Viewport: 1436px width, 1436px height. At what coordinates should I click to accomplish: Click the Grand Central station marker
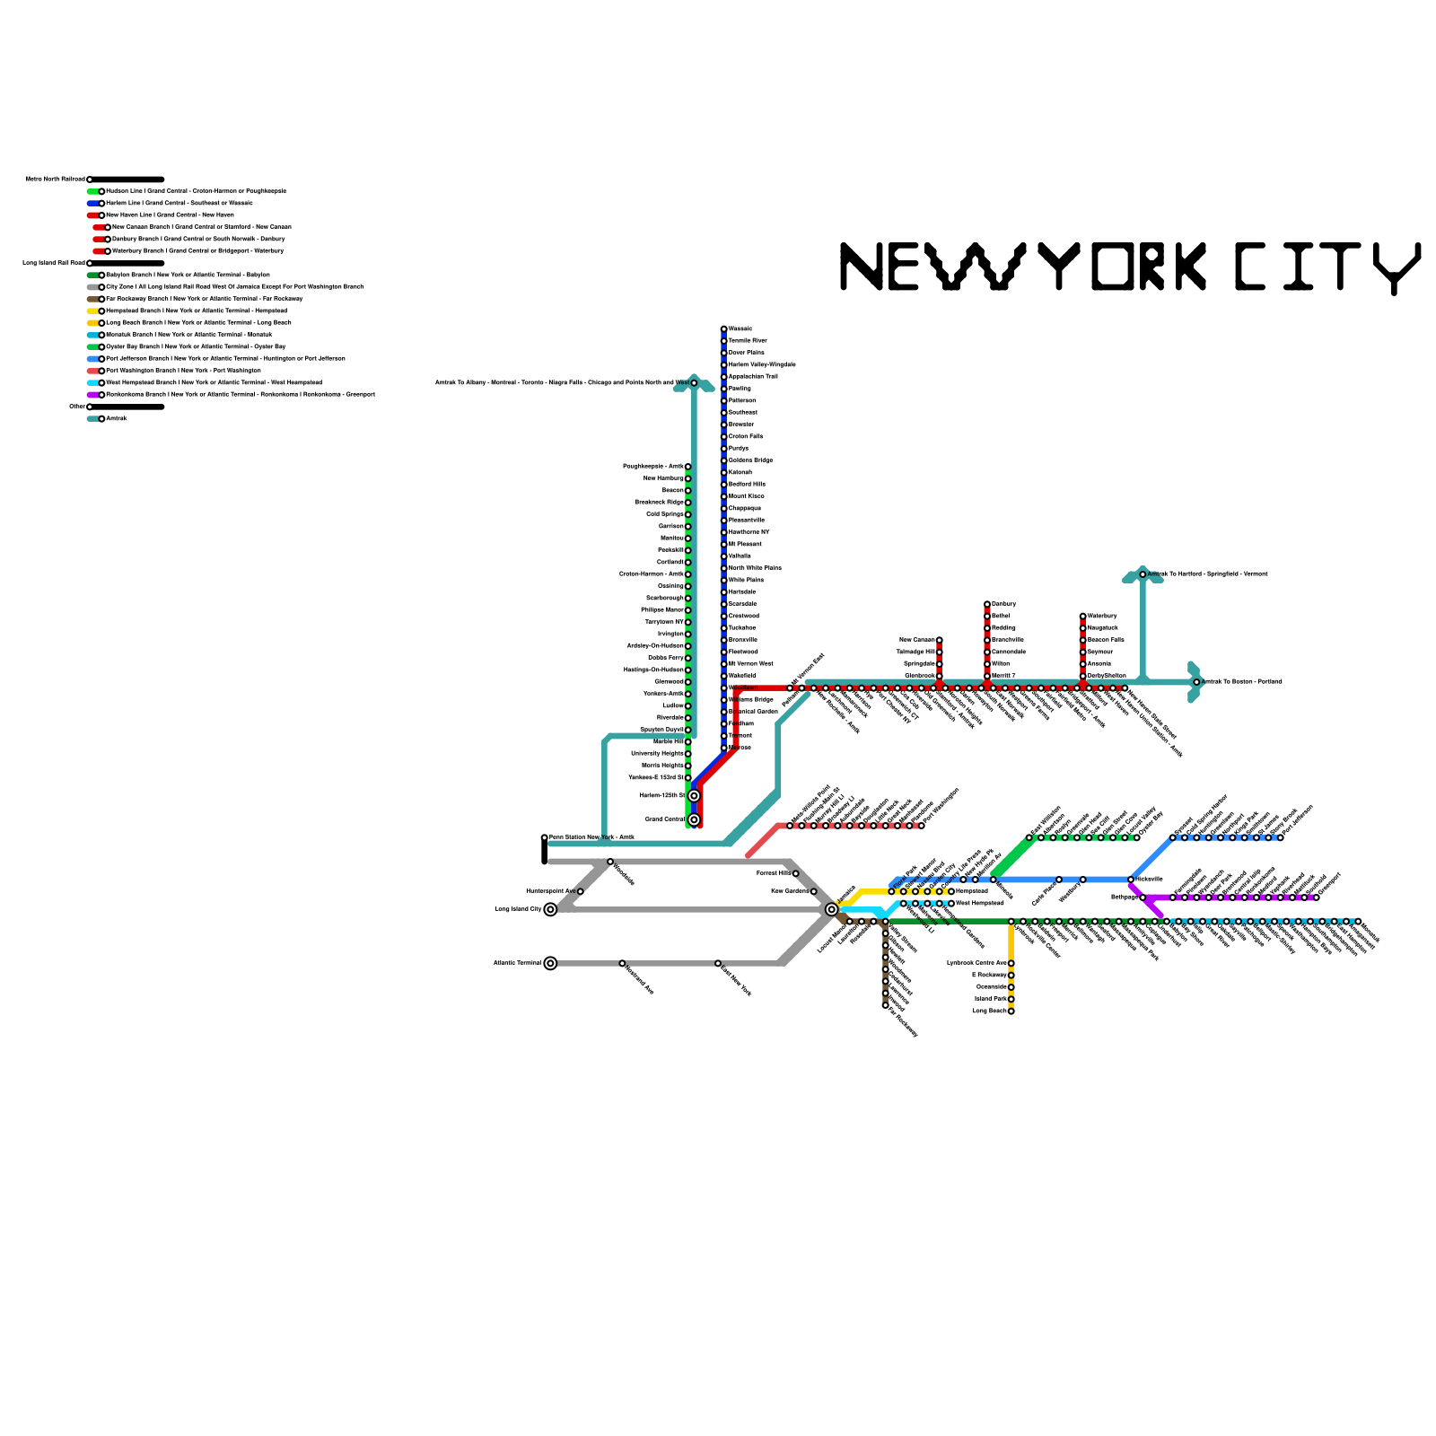click(x=694, y=819)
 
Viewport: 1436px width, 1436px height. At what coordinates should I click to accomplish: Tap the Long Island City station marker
click(x=550, y=909)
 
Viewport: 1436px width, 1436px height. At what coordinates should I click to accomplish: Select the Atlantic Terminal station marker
click(x=550, y=963)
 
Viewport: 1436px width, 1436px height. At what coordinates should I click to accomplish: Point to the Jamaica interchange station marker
click(x=832, y=909)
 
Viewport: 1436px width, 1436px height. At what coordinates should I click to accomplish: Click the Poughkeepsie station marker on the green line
click(x=688, y=467)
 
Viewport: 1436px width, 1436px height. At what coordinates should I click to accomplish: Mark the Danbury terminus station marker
click(x=987, y=604)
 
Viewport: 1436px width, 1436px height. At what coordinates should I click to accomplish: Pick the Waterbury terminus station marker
click(x=1083, y=616)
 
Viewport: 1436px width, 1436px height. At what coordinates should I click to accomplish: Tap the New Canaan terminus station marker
click(x=940, y=640)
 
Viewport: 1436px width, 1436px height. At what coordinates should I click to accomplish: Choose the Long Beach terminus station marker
click(x=1011, y=1011)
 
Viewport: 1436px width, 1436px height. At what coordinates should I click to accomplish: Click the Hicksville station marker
click(x=1131, y=880)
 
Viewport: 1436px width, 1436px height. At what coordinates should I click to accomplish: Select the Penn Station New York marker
click(x=545, y=837)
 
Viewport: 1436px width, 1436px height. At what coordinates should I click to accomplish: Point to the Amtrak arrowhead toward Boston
click(x=1195, y=682)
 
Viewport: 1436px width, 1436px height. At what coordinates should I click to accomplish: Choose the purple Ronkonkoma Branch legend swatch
click(x=93, y=395)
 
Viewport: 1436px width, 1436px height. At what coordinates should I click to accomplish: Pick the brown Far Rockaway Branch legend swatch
click(x=93, y=299)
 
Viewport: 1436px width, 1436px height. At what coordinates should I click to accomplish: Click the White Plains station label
click(x=746, y=580)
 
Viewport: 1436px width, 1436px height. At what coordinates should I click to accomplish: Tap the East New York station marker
click(x=718, y=963)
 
